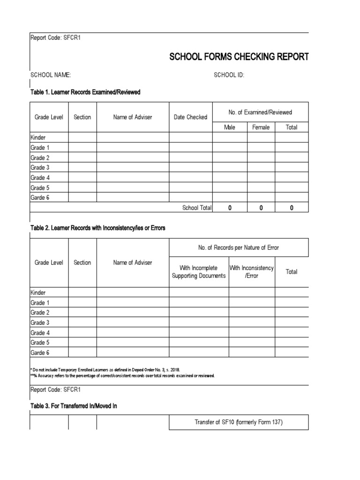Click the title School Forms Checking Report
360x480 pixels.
click(x=239, y=57)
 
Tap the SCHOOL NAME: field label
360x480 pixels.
click(x=51, y=75)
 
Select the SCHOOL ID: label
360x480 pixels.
click(x=229, y=75)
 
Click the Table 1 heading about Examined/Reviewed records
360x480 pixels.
click(x=85, y=92)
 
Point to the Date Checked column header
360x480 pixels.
click(x=190, y=117)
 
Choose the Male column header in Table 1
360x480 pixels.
click(x=230, y=127)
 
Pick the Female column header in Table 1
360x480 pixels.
click(x=261, y=127)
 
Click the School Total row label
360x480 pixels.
click(x=197, y=208)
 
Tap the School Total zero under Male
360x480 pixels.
click(x=230, y=208)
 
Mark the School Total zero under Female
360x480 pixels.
click(x=261, y=208)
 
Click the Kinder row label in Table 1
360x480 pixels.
click(x=38, y=137)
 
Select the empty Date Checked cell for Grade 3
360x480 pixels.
click(x=190, y=167)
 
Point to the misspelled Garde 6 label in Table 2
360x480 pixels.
click(x=40, y=352)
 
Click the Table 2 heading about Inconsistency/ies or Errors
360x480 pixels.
click(x=98, y=228)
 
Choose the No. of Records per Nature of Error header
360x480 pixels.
click(x=239, y=247)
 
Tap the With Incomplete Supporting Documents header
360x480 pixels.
click(x=199, y=272)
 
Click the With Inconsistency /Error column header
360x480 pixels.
click(x=252, y=272)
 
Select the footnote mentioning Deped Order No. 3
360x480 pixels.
click(x=105, y=370)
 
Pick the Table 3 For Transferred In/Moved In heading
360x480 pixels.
click(x=74, y=406)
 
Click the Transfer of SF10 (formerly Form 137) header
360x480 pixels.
click(x=239, y=422)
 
